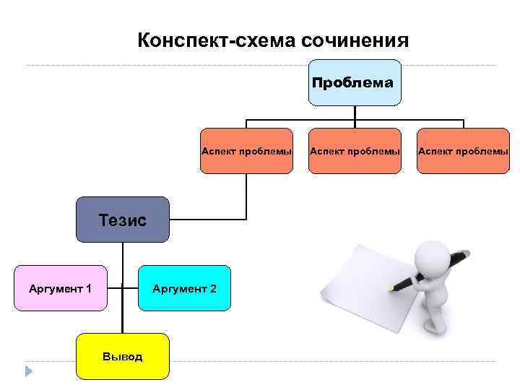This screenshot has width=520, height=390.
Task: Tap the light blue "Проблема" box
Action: point(352,82)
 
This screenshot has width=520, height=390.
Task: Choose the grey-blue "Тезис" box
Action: point(123,219)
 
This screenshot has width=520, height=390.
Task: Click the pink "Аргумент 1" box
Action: point(60,288)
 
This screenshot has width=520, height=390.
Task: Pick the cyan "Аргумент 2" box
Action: point(184,288)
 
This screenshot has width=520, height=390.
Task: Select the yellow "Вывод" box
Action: point(122,356)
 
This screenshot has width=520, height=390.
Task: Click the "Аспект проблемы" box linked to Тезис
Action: point(246,151)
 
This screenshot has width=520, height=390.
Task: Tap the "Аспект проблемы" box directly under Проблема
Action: point(355,151)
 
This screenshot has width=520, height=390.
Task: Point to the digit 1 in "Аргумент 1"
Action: point(88,289)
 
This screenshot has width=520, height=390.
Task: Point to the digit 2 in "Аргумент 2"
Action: point(213,289)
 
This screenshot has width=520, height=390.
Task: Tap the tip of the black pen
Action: point(391,288)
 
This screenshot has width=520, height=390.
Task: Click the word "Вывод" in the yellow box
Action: point(122,357)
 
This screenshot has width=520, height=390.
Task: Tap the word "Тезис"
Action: point(122,220)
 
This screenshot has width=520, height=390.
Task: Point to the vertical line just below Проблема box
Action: point(355,113)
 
